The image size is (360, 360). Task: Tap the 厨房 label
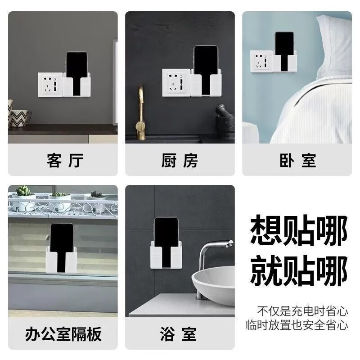pos(180,160)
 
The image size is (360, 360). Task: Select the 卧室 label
pos(297,160)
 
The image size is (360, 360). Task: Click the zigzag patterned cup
pos(19,118)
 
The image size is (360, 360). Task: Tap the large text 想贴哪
pos(299,230)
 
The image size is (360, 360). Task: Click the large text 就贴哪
pos(299,270)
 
